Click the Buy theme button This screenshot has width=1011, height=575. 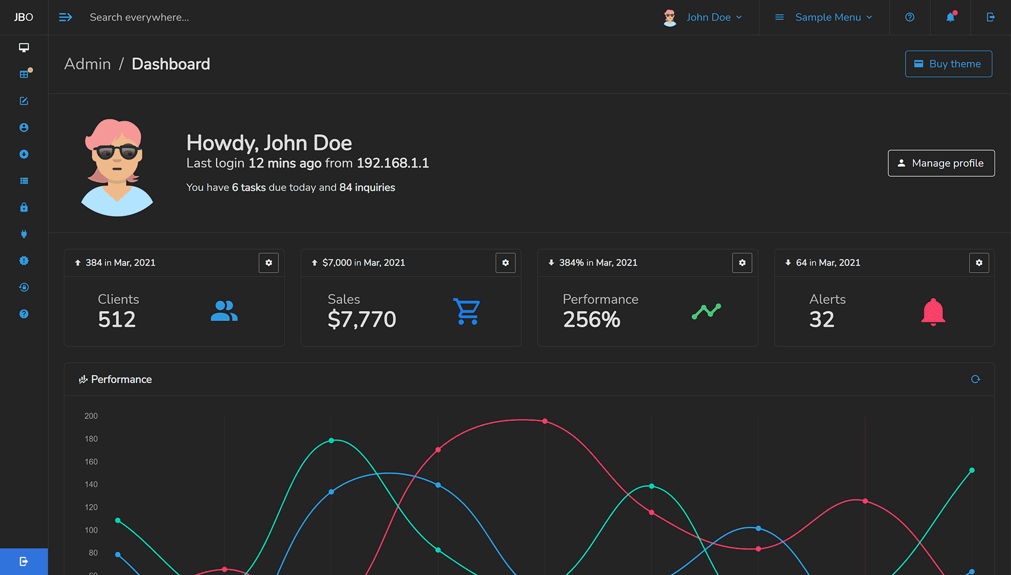pyautogui.click(x=948, y=64)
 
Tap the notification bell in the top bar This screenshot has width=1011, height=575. pyautogui.click(x=950, y=17)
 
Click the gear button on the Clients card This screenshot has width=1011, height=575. pyautogui.click(x=269, y=262)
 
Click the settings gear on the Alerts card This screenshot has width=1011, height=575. pyautogui.click(x=979, y=262)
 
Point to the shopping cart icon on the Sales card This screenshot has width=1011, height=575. pyautogui.click(x=467, y=311)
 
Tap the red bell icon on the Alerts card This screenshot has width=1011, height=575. pyautogui.click(x=933, y=312)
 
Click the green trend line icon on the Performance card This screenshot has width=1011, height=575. pyautogui.click(x=706, y=311)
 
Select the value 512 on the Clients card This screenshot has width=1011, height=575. pyautogui.click(x=117, y=319)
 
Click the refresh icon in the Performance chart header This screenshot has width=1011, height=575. pyautogui.click(x=975, y=379)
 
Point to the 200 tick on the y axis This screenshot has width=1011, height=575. pyautogui.click(x=91, y=416)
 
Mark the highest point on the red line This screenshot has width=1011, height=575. pyautogui.click(x=545, y=421)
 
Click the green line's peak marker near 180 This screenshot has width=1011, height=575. pyautogui.click(x=332, y=440)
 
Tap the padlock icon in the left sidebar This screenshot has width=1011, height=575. pyautogui.click(x=24, y=207)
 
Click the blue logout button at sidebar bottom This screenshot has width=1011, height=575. pyautogui.click(x=24, y=561)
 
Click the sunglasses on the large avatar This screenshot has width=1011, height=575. pyautogui.click(x=117, y=153)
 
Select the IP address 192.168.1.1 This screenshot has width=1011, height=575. pyautogui.click(x=393, y=163)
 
